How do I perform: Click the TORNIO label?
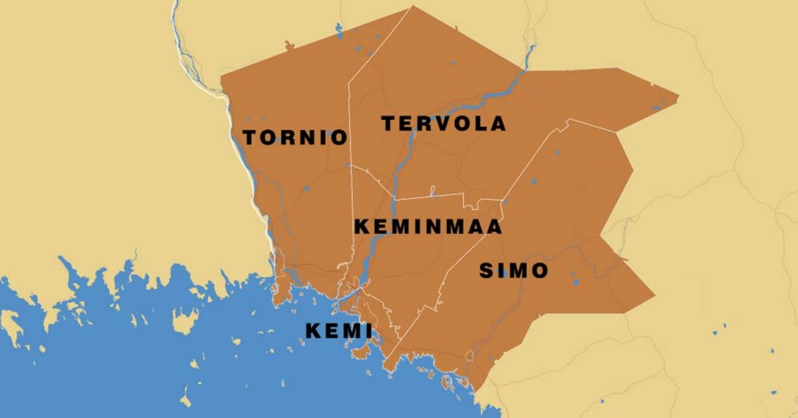point(295,138)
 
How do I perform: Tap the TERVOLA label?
point(443,124)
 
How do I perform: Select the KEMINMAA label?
point(428,226)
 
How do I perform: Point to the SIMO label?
point(513,271)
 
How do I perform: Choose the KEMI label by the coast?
point(338,331)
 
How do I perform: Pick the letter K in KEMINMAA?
point(361,226)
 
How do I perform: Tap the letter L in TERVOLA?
point(481,124)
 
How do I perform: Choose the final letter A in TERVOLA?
point(497,124)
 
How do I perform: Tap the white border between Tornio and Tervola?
point(350,120)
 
